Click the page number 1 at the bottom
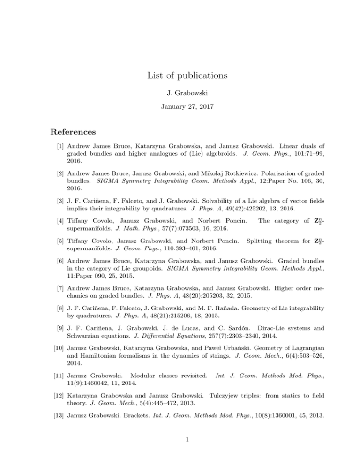pos(180,446)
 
